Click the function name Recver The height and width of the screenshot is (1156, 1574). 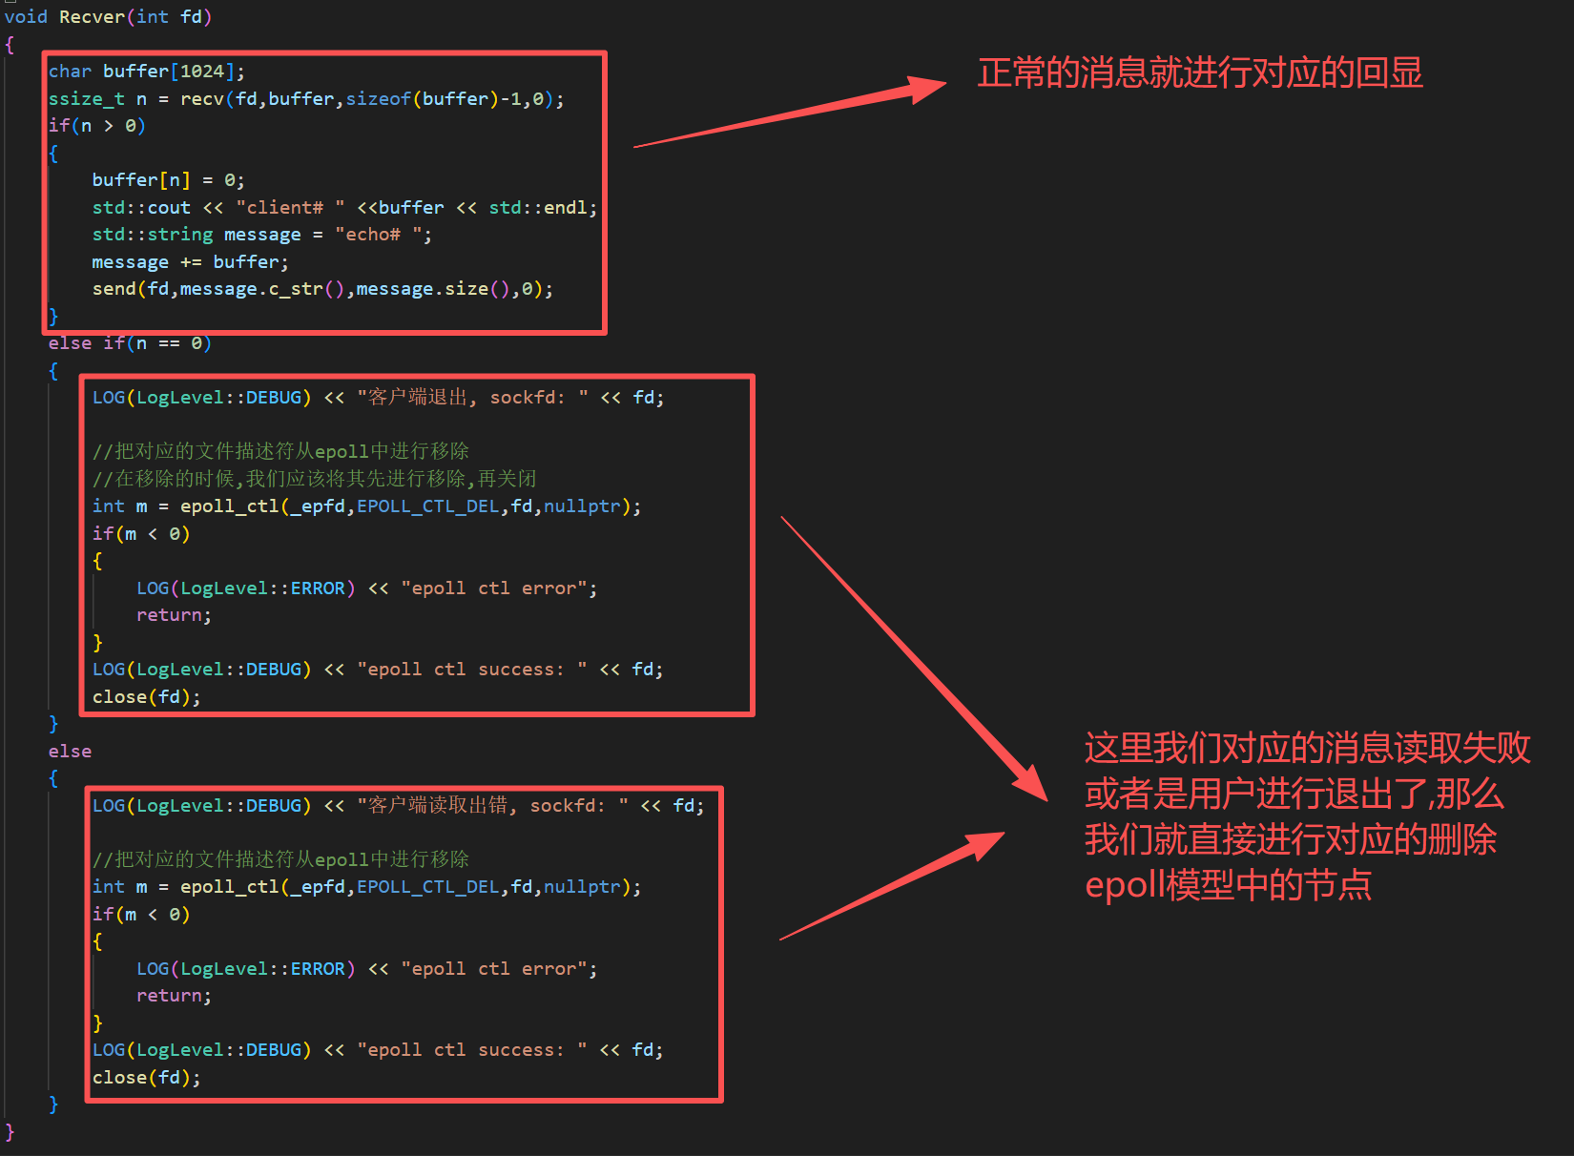[x=92, y=17]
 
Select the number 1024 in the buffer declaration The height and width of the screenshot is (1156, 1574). [x=202, y=72]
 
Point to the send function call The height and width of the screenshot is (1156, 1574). [x=114, y=289]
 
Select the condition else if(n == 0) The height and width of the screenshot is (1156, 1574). [x=130, y=343]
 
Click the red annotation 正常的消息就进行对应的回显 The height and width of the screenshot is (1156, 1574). [x=1199, y=73]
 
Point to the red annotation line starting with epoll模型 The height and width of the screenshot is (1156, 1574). [x=1228, y=885]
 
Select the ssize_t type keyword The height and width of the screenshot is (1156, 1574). [x=86, y=99]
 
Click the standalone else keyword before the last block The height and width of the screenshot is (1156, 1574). [x=70, y=752]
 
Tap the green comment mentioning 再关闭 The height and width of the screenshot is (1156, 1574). [x=315, y=479]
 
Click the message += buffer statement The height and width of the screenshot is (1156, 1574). [x=190, y=262]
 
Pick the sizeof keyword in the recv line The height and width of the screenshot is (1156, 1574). [x=378, y=99]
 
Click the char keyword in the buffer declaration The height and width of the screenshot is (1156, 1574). [x=70, y=72]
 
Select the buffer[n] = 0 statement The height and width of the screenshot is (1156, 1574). [x=168, y=180]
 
